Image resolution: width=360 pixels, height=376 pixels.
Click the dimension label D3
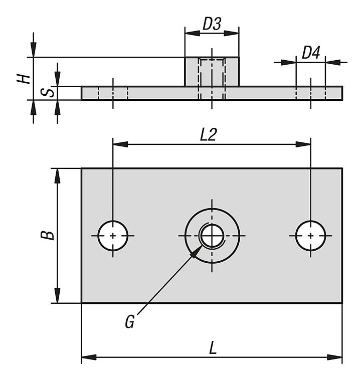pyautogui.click(x=212, y=24)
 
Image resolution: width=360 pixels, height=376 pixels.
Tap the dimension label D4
pyautogui.click(x=311, y=53)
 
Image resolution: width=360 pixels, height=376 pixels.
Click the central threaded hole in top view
pyautogui.click(x=212, y=235)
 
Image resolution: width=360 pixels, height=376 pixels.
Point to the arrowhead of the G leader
pyautogui.click(x=195, y=250)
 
